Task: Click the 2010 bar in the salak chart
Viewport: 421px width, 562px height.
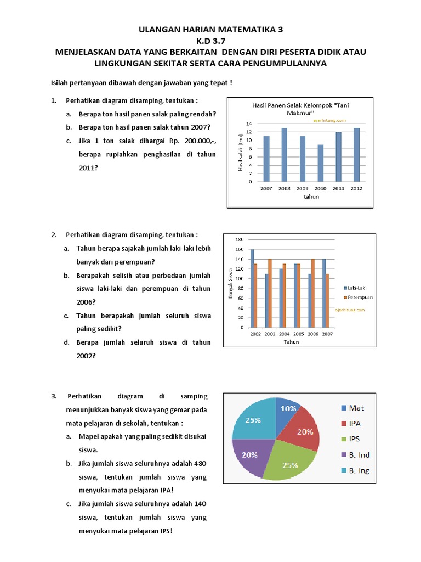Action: click(321, 163)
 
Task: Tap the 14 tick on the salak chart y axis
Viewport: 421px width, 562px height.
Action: click(249, 124)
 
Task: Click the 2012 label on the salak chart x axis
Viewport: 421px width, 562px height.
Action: click(357, 188)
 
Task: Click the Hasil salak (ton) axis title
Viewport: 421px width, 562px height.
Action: click(240, 153)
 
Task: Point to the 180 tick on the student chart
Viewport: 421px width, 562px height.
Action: click(238, 240)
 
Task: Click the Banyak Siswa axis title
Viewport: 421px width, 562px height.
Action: click(230, 284)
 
